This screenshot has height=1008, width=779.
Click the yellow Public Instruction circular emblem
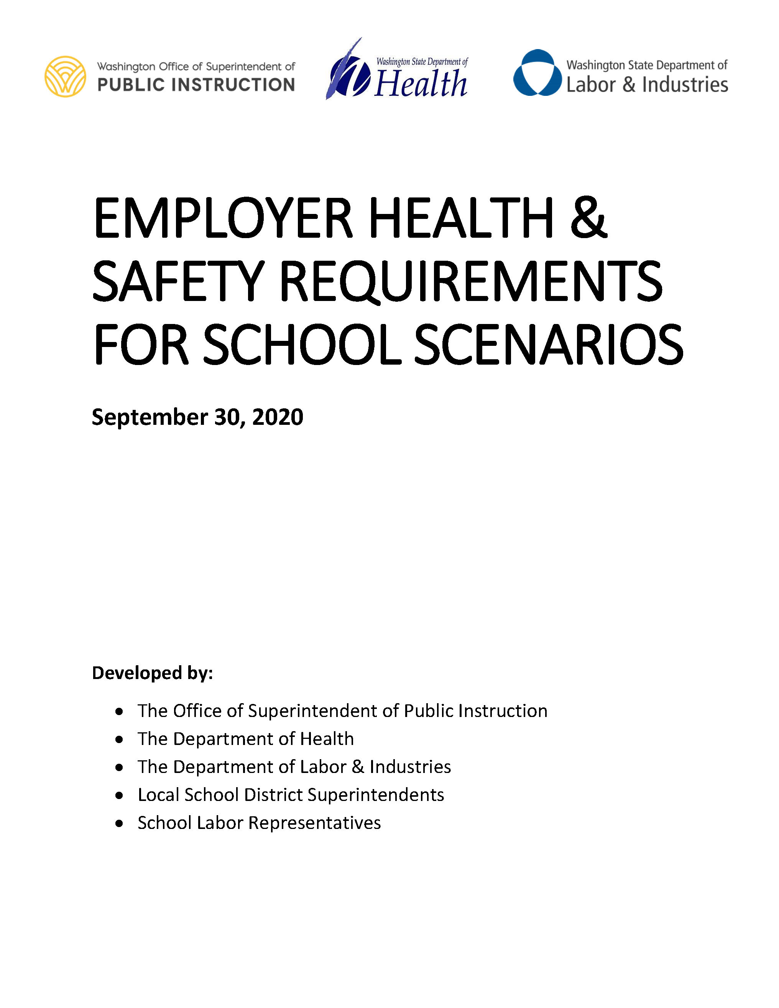tap(65, 76)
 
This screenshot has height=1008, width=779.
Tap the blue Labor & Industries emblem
tap(537, 73)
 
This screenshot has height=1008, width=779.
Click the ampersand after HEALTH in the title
tap(588, 218)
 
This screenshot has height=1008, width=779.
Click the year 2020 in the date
tap(278, 417)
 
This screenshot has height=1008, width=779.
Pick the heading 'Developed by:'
tap(152, 673)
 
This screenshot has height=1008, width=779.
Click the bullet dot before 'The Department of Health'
tap(120, 739)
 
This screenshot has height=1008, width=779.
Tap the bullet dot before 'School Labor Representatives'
tap(120, 823)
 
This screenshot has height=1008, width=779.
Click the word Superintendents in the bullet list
tap(376, 795)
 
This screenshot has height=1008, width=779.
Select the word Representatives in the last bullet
tap(314, 823)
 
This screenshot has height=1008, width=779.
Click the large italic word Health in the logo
tap(421, 84)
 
